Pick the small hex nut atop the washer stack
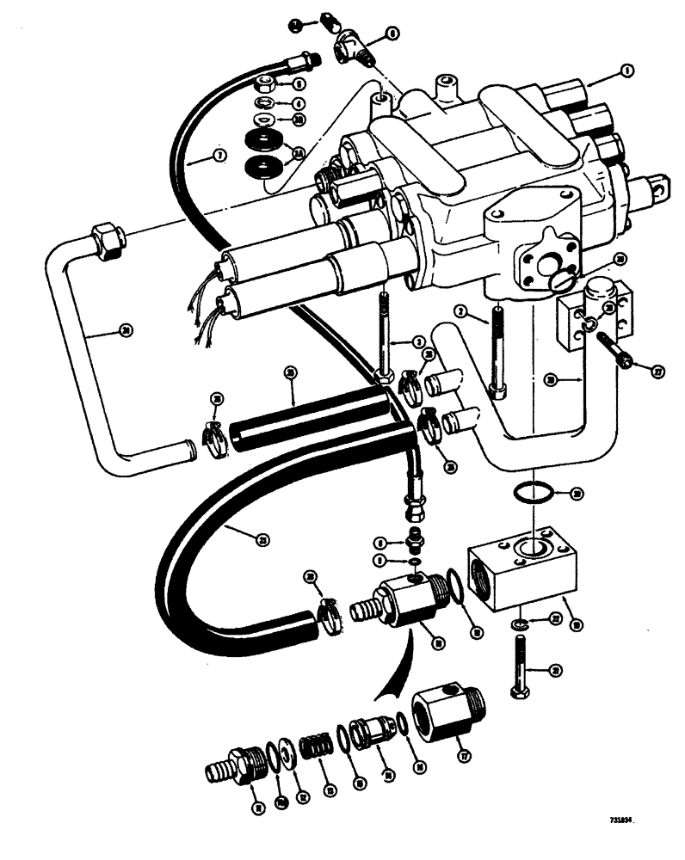(x=265, y=84)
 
